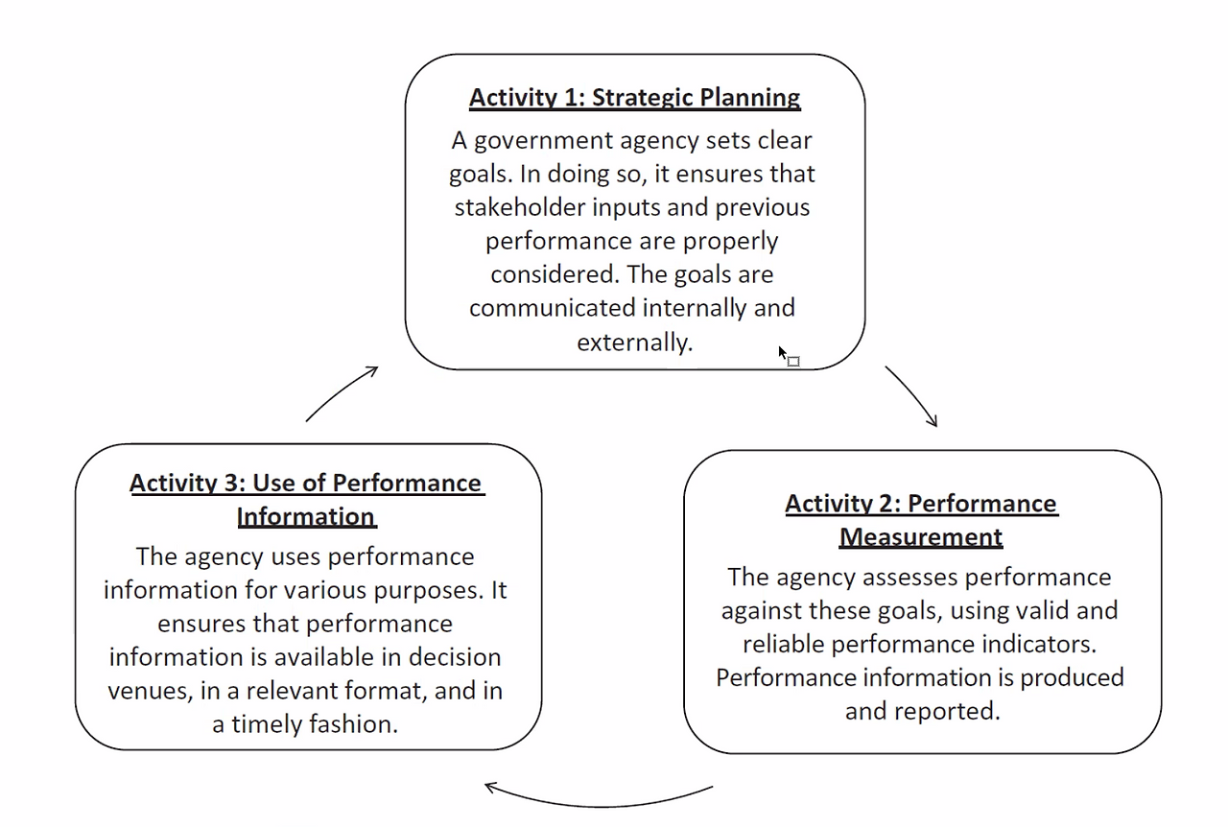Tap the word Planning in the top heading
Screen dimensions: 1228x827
[750, 99]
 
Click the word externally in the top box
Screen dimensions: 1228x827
[635, 343]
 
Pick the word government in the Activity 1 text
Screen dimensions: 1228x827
[543, 141]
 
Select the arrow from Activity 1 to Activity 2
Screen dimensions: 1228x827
[914, 393]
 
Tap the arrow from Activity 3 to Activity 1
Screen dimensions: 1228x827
[340, 391]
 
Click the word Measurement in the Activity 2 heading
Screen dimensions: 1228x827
[921, 537]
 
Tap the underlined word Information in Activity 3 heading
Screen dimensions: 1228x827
[306, 516]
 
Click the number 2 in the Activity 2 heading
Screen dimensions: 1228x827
[886, 504]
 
